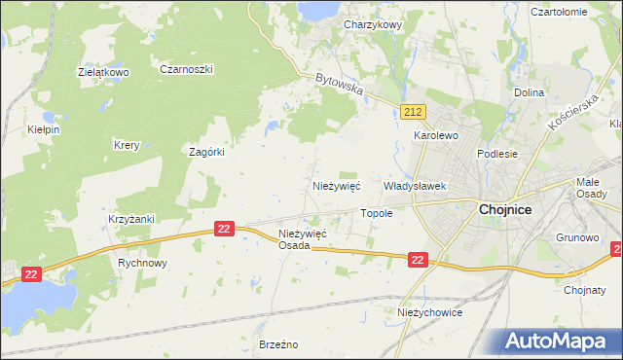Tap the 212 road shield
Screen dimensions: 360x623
click(412, 114)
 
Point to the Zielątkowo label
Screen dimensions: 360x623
click(104, 72)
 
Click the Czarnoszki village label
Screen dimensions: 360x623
click(186, 69)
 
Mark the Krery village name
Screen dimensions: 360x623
click(127, 146)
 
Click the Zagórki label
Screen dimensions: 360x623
click(206, 152)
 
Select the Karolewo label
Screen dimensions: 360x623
click(436, 136)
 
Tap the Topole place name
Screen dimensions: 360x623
click(377, 213)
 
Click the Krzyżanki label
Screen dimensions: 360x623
click(131, 219)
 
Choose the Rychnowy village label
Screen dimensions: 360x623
click(143, 263)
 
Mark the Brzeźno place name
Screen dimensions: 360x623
click(277, 344)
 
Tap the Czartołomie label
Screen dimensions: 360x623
click(558, 12)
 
